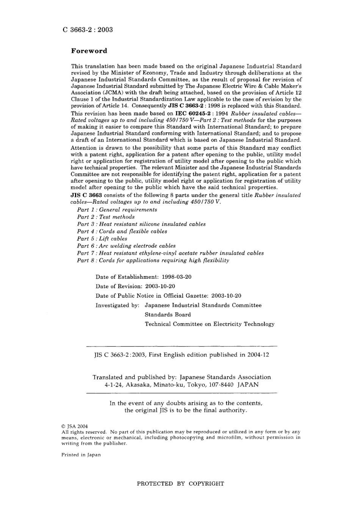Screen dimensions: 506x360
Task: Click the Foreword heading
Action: [89, 51]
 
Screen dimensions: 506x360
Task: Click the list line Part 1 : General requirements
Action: [117, 210]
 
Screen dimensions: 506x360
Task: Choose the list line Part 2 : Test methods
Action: [106, 217]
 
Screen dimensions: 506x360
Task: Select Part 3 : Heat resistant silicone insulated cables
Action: [141, 224]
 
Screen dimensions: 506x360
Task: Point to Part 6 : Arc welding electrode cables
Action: [126, 246]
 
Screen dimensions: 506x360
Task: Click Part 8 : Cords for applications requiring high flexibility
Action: [153, 261]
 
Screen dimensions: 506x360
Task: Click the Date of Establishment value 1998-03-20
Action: [177, 277]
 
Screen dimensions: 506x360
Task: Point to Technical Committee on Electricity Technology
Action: [210, 324]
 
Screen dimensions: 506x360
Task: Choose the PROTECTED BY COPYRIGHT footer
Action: [180, 484]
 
